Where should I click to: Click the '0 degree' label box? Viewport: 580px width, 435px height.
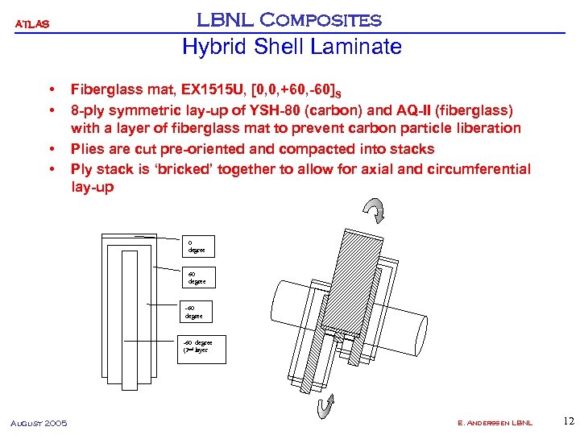tap(197, 246)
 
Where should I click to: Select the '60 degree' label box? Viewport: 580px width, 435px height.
tap(197, 278)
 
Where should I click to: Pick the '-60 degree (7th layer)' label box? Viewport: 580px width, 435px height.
tap(203, 346)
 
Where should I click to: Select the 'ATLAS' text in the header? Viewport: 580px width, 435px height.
tap(33, 24)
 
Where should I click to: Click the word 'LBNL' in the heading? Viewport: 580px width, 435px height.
tap(222, 19)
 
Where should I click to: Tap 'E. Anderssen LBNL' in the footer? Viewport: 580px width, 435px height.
tap(494, 423)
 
